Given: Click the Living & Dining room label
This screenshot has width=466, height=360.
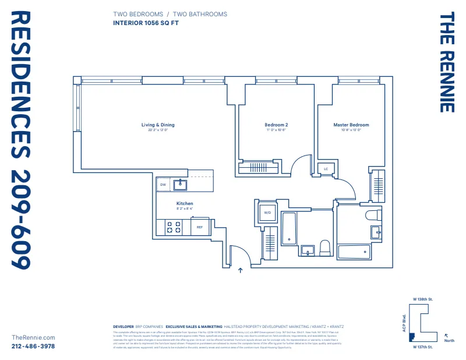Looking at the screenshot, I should (x=158, y=125).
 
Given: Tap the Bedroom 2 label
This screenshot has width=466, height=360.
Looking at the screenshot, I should (x=276, y=125).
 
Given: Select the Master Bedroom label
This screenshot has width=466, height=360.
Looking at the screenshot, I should (x=351, y=125).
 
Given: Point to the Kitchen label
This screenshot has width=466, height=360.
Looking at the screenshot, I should (x=185, y=204).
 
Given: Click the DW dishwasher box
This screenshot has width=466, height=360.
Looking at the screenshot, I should (x=164, y=185).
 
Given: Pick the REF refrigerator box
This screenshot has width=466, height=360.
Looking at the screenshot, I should (x=200, y=227).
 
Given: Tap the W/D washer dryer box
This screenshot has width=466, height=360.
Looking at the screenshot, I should (x=268, y=213).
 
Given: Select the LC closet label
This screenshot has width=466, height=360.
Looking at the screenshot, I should (x=326, y=169).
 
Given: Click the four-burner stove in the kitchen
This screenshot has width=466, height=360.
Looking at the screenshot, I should (x=173, y=227).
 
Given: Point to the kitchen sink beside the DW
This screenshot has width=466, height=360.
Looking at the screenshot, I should (x=182, y=185).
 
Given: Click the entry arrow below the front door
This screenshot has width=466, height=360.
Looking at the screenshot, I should (x=240, y=270).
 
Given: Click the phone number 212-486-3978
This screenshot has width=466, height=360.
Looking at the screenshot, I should (x=33, y=346).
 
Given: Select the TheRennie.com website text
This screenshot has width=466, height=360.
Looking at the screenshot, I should (x=33, y=337).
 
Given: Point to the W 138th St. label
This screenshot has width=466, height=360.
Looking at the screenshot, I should (x=423, y=299).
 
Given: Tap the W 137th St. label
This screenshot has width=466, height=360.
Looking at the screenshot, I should (x=423, y=347).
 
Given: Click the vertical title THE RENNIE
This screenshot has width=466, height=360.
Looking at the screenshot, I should (x=446, y=63).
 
